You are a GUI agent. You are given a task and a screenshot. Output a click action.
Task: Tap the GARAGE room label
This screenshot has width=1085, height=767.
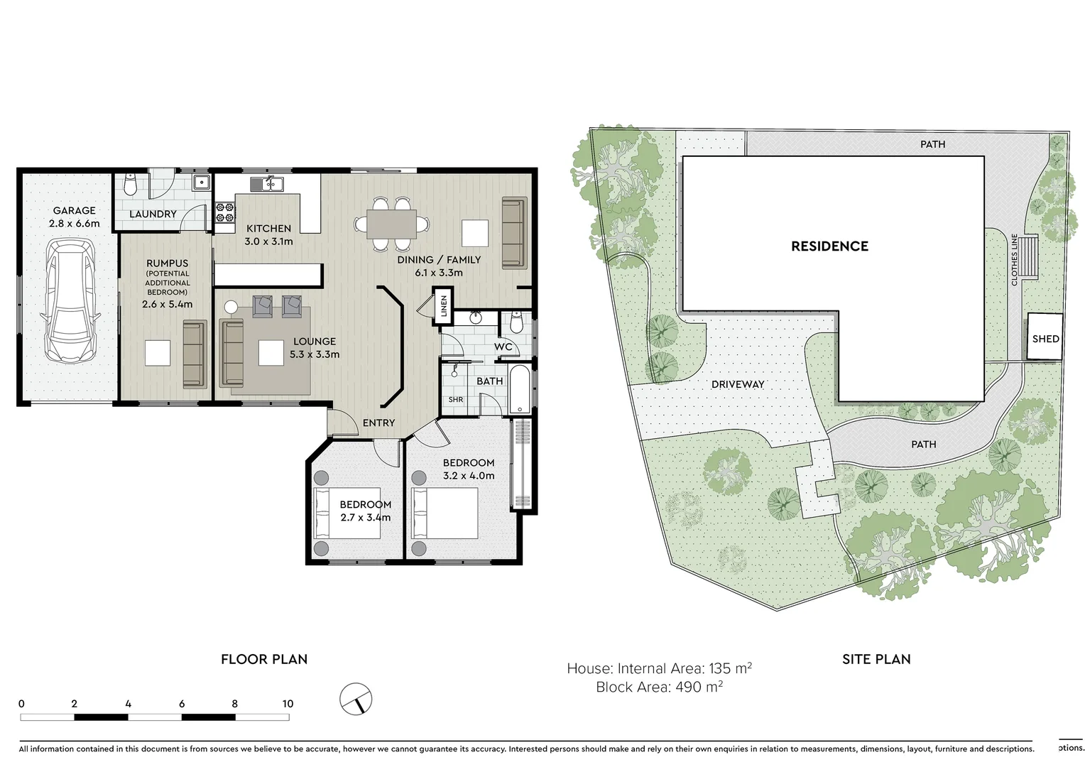tap(74, 210)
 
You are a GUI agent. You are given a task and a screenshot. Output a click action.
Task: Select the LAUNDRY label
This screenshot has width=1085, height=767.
tap(153, 214)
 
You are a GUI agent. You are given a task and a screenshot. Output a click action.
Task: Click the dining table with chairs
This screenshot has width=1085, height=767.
tap(392, 224)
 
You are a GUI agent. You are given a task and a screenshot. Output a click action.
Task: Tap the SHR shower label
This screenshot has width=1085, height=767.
tap(455, 400)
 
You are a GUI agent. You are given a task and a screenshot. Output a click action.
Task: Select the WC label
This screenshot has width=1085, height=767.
tap(503, 347)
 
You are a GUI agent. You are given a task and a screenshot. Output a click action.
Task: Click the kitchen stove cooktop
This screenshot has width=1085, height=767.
tap(224, 212)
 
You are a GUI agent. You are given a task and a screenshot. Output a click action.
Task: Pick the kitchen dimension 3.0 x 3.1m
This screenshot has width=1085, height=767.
tap(268, 241)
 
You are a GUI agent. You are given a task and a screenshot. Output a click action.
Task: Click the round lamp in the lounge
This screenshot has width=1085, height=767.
tap(231, 308)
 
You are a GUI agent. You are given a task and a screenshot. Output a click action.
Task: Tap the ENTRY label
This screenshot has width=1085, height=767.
tap(378, 423)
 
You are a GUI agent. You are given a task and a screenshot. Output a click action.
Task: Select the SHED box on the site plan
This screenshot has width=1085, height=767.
tap(1045, 338)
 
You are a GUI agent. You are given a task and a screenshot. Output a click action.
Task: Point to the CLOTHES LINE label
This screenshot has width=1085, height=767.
tap(1015, 260)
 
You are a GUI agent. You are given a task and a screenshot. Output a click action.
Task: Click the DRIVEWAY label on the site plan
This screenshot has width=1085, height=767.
tap(738, 384)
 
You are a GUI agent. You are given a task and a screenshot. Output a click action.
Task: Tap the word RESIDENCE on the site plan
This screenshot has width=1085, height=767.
tap(829, 246)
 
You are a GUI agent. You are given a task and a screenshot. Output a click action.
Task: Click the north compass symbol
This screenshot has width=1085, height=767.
tap(356, 700)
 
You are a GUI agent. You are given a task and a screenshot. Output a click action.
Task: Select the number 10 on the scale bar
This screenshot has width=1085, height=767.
tap(288, 704)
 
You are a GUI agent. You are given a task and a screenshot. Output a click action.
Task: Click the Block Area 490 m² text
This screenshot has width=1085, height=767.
tap(659, 687)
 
